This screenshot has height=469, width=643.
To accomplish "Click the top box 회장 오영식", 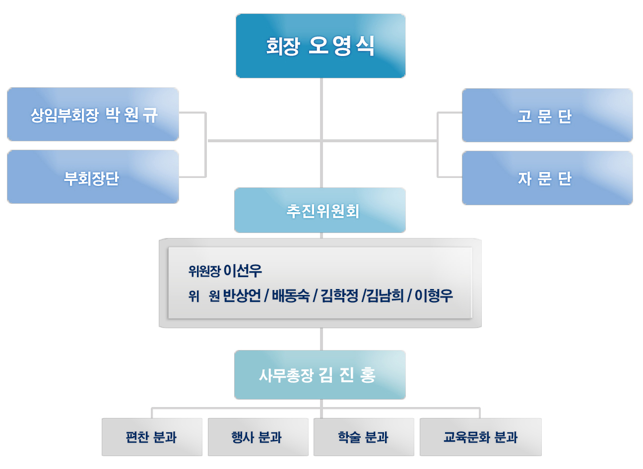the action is (x=321, y=46).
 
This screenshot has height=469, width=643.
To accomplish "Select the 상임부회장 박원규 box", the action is (x=93, y=114).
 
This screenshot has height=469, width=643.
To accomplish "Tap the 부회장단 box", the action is (x=93, y=176).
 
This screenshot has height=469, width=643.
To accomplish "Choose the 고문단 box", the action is (x=547, y=116).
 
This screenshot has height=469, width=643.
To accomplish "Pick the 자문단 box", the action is (x=547, y=178).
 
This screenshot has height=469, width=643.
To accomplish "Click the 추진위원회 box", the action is (x=320, y=210).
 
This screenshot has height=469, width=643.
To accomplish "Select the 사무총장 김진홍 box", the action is (x=320, y=375).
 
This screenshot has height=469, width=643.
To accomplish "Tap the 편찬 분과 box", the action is (x=152, y=437).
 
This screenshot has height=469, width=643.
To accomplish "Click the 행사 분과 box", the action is (x=258, y=437).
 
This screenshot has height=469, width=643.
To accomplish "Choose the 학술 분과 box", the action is (x=364, y=437).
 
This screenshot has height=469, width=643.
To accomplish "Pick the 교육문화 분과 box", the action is (x=481, y=437).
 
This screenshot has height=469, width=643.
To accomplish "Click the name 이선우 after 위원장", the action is (x=243, y=271).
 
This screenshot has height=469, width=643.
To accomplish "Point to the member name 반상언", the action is (x=242, y=295).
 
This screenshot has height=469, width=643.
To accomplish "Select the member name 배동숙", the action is (x=291, y=295).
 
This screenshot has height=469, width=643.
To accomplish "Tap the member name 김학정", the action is (x=339, y=295).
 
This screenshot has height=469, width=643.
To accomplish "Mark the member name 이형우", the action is (x=434, y=295).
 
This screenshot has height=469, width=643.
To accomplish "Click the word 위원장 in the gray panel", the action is (x=204, y=271).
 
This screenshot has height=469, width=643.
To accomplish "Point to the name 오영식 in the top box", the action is (x=341, y=46).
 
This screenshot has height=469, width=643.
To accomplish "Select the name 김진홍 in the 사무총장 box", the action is (x=347, y=375).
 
